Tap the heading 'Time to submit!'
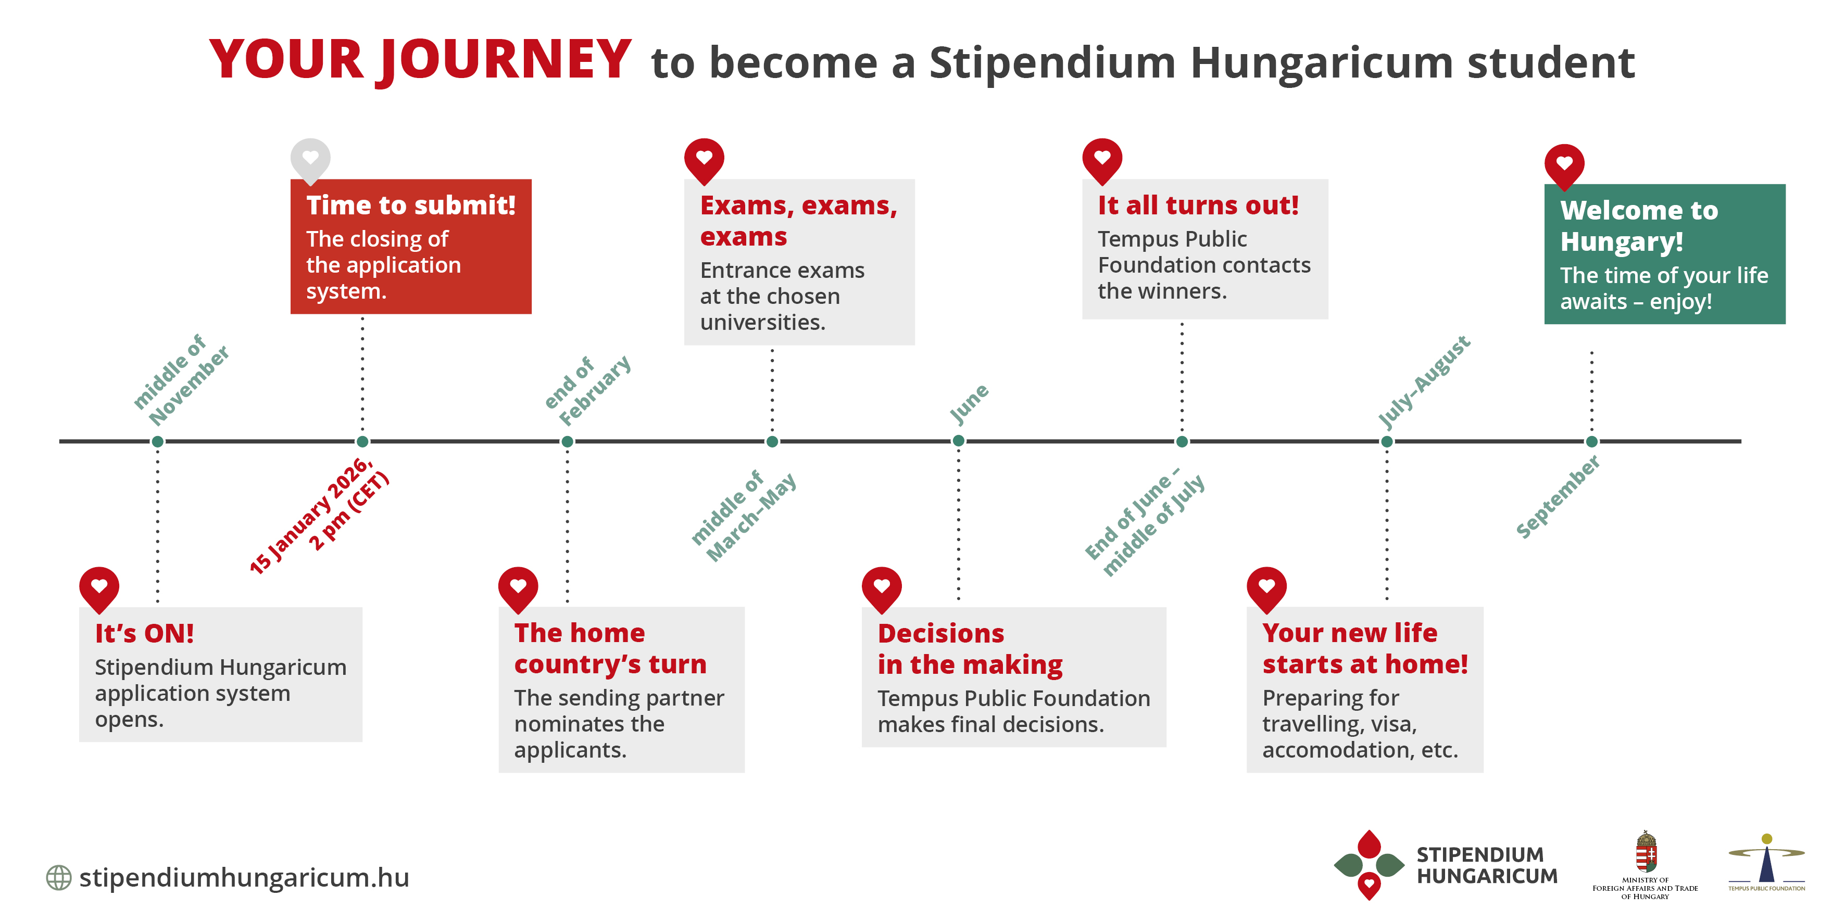(411, 206)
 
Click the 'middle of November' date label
(181, 379)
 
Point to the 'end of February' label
(587, 390)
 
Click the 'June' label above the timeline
(969, 403)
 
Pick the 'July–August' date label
(1424, 381)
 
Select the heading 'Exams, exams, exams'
(799, 221)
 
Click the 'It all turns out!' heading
(1198, 206)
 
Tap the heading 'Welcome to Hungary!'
(1639, 225)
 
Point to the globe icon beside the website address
(59, 878)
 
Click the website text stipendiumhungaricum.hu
(244, 878)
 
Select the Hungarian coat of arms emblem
(1646, 851)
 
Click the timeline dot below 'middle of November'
(158, 442)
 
